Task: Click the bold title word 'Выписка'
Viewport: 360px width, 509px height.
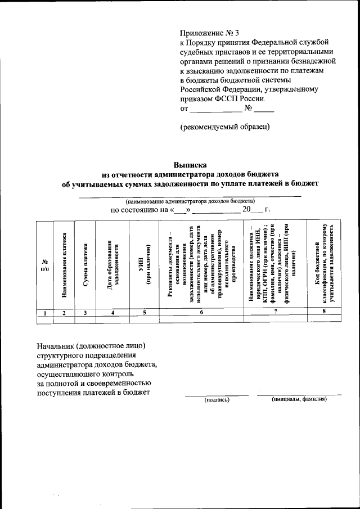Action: (x=190, y=165)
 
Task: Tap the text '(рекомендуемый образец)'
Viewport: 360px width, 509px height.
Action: (x=224, y=127)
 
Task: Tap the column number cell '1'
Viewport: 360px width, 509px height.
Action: (x=44, y=312)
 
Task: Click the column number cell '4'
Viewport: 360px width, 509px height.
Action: (x=112, y=312)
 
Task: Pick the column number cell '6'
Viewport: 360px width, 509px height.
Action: (x=201, y=312)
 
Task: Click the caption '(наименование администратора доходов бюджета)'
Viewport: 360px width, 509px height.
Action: (x=190, y=201)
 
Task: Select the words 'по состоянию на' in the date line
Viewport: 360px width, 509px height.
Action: (x=139, y=210)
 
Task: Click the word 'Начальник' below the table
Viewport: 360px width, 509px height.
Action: (x=55, y=344)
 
